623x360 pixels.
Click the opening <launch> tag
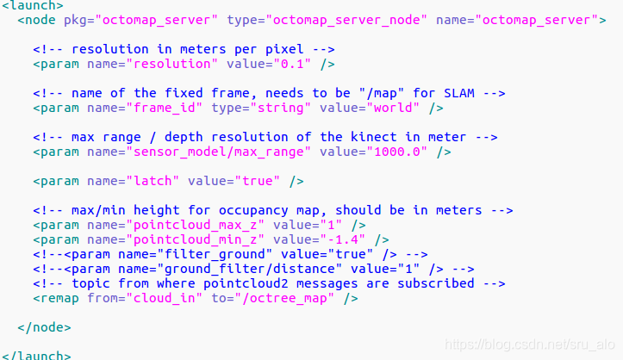[x=32, y=5]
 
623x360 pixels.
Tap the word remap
[x=60, y=298]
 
